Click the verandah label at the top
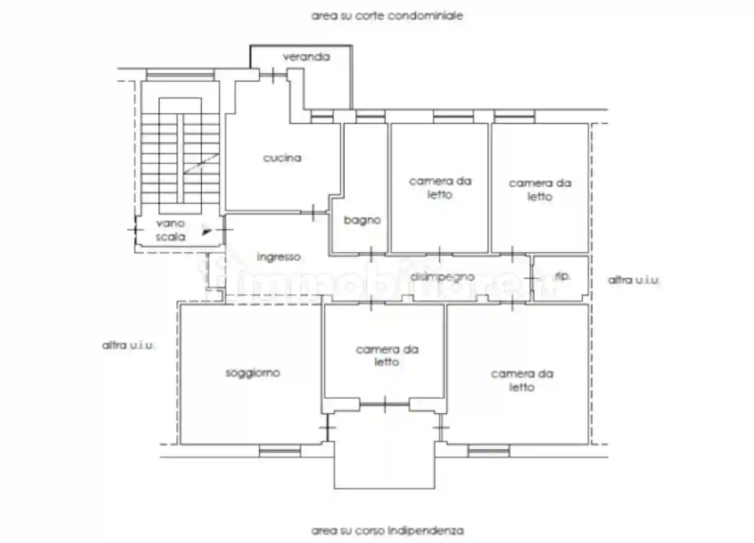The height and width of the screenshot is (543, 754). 306,56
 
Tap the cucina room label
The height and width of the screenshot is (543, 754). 282,158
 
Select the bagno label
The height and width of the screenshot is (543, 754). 362,220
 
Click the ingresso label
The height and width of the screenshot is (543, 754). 278,257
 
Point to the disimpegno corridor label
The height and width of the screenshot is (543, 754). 442,277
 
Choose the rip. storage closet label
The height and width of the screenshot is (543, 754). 562,276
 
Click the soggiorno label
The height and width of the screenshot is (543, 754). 252,372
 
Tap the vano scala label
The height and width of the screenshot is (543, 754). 170,230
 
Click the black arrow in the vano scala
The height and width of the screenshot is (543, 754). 207,231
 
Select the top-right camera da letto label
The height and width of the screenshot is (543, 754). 540,189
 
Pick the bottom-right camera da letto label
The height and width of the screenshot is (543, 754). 522,380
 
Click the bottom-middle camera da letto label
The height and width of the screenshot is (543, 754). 387,356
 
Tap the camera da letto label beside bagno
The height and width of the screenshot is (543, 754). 440,187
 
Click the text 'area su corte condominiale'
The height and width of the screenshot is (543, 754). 387,16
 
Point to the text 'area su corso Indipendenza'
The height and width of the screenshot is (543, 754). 387,531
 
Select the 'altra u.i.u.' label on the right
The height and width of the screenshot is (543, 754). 634,280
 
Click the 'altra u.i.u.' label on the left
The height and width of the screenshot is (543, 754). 128,345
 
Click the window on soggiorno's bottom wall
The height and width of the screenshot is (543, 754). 279,451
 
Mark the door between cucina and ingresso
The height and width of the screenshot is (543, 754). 314,212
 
